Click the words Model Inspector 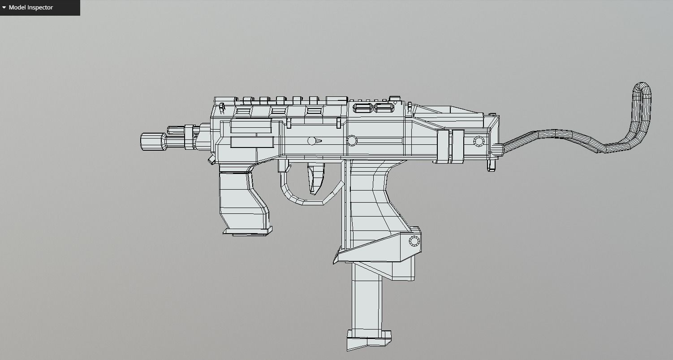(30, 8)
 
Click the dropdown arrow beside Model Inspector (4, 8)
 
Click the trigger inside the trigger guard (315, 177)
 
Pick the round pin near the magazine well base (414, 242)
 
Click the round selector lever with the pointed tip (313, 141)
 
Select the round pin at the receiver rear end (479, 142)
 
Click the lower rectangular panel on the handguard (252, 143)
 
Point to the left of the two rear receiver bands (443, 146)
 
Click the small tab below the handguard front (211, 160)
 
